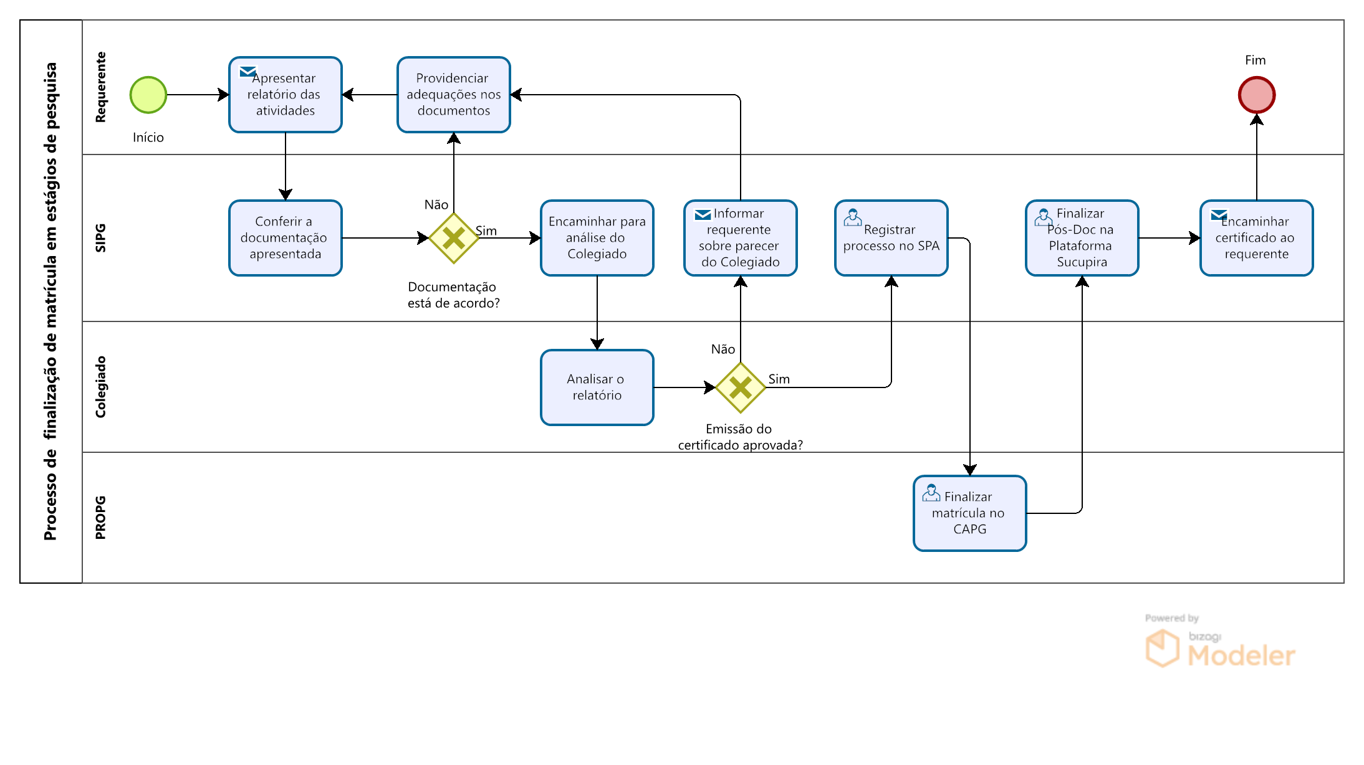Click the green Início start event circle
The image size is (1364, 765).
pos(148,95)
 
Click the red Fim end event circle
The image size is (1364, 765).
pos(1257,95)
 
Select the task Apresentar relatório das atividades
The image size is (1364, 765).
pos(286,95)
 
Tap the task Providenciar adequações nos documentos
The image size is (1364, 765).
pos(454,95)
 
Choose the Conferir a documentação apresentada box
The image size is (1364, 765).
pos(286,238)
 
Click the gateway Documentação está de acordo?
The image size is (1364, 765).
pos(454,238)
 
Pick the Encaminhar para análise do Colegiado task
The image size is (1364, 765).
pos(597,238)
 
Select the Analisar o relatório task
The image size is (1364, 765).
pos(597,387)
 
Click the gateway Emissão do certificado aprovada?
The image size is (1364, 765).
pos(741,387)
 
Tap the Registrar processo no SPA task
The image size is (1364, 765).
pos(891,238)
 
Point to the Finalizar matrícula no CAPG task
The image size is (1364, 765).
pos(970,513)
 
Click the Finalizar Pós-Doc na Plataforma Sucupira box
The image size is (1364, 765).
pos(1082,238)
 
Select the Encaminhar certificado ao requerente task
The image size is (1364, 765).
pos(1257,238)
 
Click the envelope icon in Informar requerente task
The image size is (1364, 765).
pos(703,215)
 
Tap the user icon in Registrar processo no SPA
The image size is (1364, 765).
pos(853,217)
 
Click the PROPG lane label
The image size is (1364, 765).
pos(100,518)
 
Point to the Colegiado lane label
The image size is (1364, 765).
pos(100,387)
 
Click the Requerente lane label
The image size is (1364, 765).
pos(100,87)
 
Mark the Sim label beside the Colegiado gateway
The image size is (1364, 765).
pos(779,379)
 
